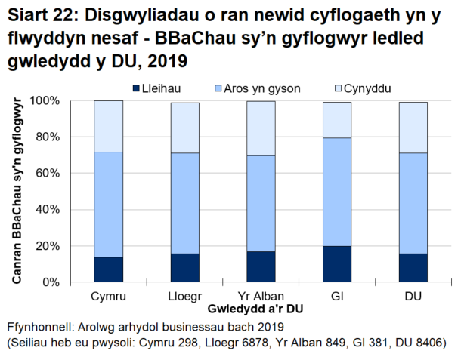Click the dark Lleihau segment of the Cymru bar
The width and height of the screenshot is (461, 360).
109,269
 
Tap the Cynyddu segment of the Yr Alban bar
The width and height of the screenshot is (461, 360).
261,128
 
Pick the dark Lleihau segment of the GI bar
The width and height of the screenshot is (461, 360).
338,263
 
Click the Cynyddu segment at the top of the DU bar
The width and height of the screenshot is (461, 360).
413,128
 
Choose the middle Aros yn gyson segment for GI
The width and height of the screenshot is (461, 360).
338,192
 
